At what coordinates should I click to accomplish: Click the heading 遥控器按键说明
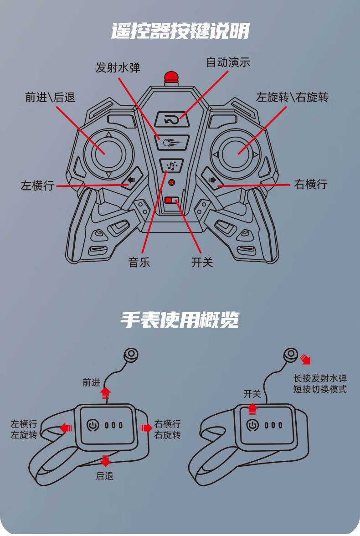pyautogui.click(x=180, y=31)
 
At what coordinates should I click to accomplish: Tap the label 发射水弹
pyautogui.click(x=118, y=68)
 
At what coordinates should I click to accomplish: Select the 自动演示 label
pyautogui.click(x=228, y=62)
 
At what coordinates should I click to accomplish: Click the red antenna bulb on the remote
pyautogui.click(x=171, y=77)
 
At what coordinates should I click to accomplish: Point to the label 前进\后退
pyautogui.click(x=50, y=97)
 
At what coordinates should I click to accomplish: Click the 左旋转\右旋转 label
pyautogui.click(x=292, y=97)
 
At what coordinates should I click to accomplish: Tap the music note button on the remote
pyautogui.click(x=172, y=165)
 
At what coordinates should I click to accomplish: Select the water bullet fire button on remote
pyautogui.click(x=172, y=142)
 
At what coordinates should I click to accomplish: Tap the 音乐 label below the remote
pyautogui.click(x=139, y=263)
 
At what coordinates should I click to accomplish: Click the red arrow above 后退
pyautogui.click(x=106, y=460)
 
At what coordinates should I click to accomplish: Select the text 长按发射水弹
pyautogui.click(x=320, y=378)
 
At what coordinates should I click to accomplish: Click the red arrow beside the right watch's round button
pyautogui.click(x=305, y=359)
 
